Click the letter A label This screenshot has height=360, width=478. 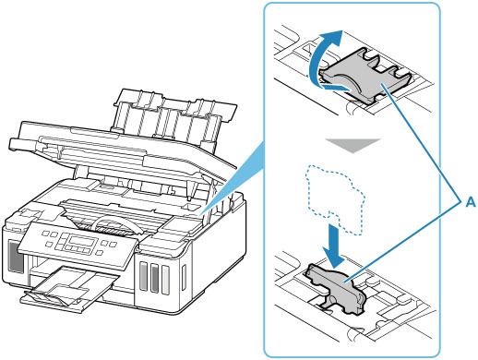[471, 202]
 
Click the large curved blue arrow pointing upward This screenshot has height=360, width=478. [317, 58]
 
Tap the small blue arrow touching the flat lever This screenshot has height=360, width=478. [338, 88]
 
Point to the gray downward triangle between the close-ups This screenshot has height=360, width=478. [353, 145]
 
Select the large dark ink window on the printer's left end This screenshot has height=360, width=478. [16, 257]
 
